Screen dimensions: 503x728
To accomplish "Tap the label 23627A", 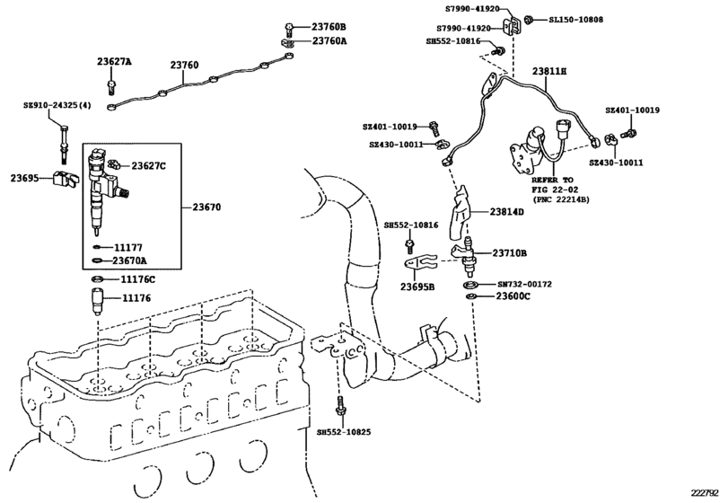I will pyautogui.click(x=114, y=62).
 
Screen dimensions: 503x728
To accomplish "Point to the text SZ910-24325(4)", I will pyautogui.click(x=57, y=106).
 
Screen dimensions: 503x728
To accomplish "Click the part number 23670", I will pyautogui.click(x=206, y=207).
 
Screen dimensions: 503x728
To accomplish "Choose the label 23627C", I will pyautogui.click(x=150, y=165).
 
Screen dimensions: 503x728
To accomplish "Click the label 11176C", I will pyautogui.click(x=138, y=279).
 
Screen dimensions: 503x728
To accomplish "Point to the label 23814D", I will pyautogui.click(x=507, y=212).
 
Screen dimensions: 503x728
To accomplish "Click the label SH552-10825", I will pyautogui.click(x=345, y=431).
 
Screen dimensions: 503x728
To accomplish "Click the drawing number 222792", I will pyautogui.click(x=704, y=491).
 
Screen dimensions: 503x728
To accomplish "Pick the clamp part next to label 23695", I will pyautogui.click(x=65, y=178).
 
